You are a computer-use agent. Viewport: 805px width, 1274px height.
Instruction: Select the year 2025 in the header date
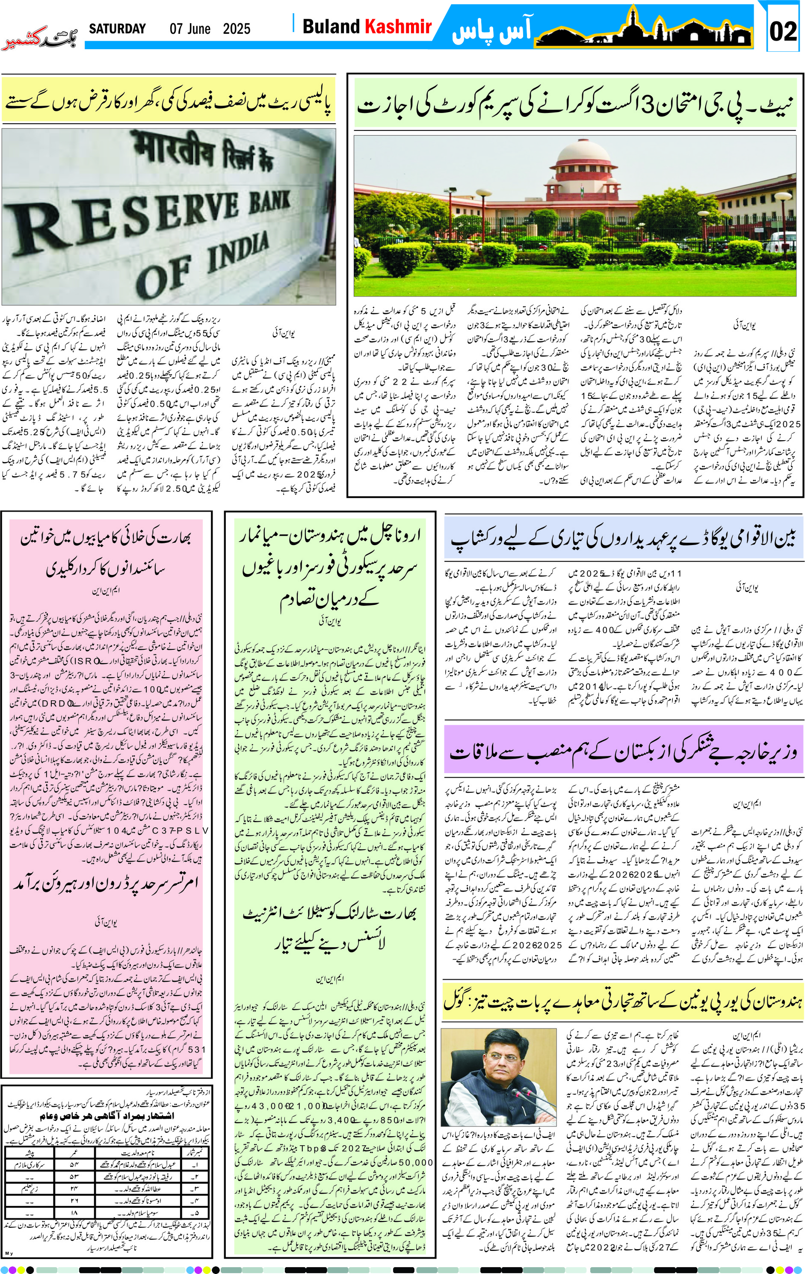coord(237,29)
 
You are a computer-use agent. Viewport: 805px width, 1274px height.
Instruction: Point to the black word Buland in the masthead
coord(331,27)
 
